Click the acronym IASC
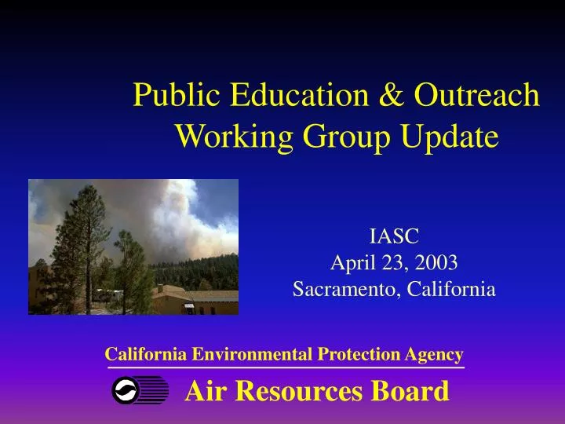pyautogui.click(x=394, y=236)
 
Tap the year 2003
pyautogui.click(x=439, y=262)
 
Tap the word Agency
pyautogui.click(x=434, y=355)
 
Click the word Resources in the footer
pyautogui.click(x=299, y=390)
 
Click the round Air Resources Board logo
pyautogui.click(x=126, y=390)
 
